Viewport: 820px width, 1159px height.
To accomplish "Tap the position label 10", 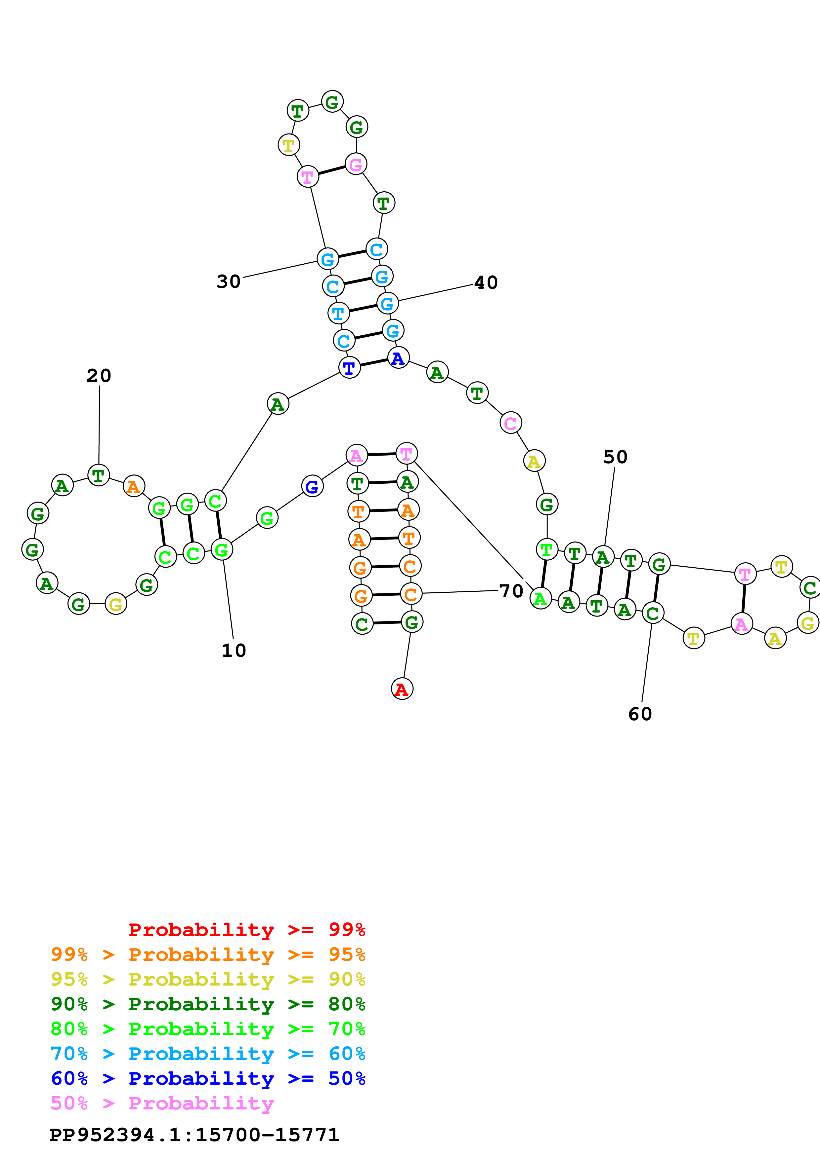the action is click(x=234, y=651).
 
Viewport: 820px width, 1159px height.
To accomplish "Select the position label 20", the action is click(x=99, y=376).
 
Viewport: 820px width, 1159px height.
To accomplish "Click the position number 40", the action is click(x=486, y=283).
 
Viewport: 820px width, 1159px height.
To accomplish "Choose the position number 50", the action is click(x=615, y=457).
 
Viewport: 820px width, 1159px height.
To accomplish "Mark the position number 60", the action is click(x=640, y=714).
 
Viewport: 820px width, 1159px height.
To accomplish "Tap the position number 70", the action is click(x=511, y=591).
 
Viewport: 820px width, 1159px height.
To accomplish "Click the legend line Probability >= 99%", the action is click(x=246, y=929).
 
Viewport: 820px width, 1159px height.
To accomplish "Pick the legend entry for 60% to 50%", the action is click(x=208, y=1078).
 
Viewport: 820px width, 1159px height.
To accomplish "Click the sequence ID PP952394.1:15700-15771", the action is click(x=194, y=1135).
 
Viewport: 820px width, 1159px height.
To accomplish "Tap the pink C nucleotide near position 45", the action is click(x=510, y=423).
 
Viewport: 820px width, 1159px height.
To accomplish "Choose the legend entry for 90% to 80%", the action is click(x=208, y=1004).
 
